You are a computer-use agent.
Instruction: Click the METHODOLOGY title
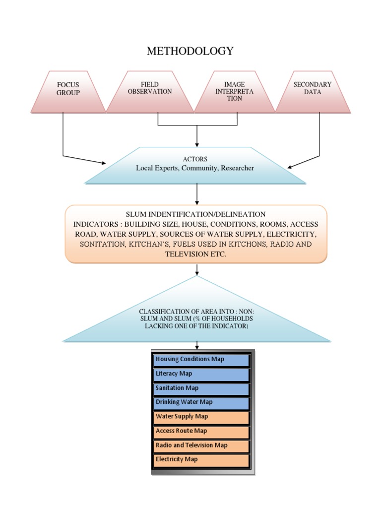190,51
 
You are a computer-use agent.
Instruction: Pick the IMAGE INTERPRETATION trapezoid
234,92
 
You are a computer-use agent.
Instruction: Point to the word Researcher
237,168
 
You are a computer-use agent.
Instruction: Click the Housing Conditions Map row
201,360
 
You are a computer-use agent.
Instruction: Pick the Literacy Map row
201,374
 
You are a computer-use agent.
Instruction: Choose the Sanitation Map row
201,388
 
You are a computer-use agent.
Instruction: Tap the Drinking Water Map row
201,402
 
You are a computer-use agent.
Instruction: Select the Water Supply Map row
201,417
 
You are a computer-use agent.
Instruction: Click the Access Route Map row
201,431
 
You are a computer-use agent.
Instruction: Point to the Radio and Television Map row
201,445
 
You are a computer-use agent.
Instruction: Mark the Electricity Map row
201,460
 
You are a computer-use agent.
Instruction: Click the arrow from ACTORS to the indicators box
197,194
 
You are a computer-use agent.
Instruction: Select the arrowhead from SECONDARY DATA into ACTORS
290,167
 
